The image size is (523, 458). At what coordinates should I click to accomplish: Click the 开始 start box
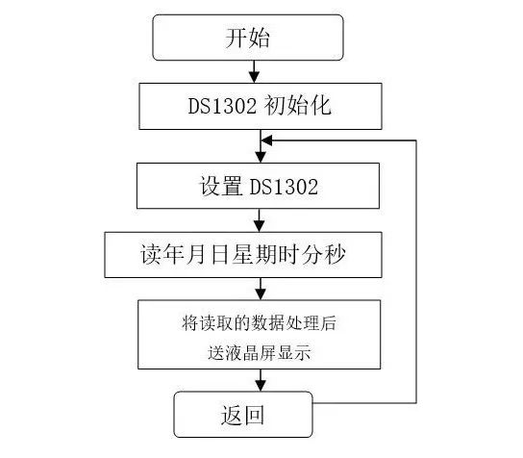click(248, 38)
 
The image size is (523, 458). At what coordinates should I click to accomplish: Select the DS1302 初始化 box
click(261, 106)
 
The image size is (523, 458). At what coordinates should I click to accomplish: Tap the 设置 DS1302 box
click(259, 186)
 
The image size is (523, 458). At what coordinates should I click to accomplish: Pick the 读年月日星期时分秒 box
click(243, 255)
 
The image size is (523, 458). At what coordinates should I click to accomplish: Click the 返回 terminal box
click(243, 415)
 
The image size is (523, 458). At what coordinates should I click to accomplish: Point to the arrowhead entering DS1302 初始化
click(255, 77)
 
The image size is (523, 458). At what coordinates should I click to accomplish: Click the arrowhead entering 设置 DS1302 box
click(261, 157)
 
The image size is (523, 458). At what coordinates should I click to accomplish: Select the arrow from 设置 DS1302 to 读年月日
click(260, 220)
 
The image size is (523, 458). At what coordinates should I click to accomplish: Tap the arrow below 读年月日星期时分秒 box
click(261, 289)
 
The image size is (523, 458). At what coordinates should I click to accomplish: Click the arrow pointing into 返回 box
click(261, 380)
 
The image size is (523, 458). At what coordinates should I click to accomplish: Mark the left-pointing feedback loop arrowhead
click(267, 140)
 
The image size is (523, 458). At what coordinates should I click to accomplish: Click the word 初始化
click(297, 106)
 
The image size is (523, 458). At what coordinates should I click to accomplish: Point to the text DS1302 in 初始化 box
click(222, 106)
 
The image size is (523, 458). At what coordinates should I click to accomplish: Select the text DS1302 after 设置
click(284, 187)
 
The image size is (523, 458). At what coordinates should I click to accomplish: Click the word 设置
click(220, 186)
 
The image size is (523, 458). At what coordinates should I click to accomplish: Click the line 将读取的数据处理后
click(260, 322)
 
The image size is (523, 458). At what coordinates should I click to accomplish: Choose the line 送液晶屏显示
click(260, 353)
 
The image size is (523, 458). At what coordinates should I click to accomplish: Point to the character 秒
click(335, 255)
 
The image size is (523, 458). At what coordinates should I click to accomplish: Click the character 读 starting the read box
click(151, 255)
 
